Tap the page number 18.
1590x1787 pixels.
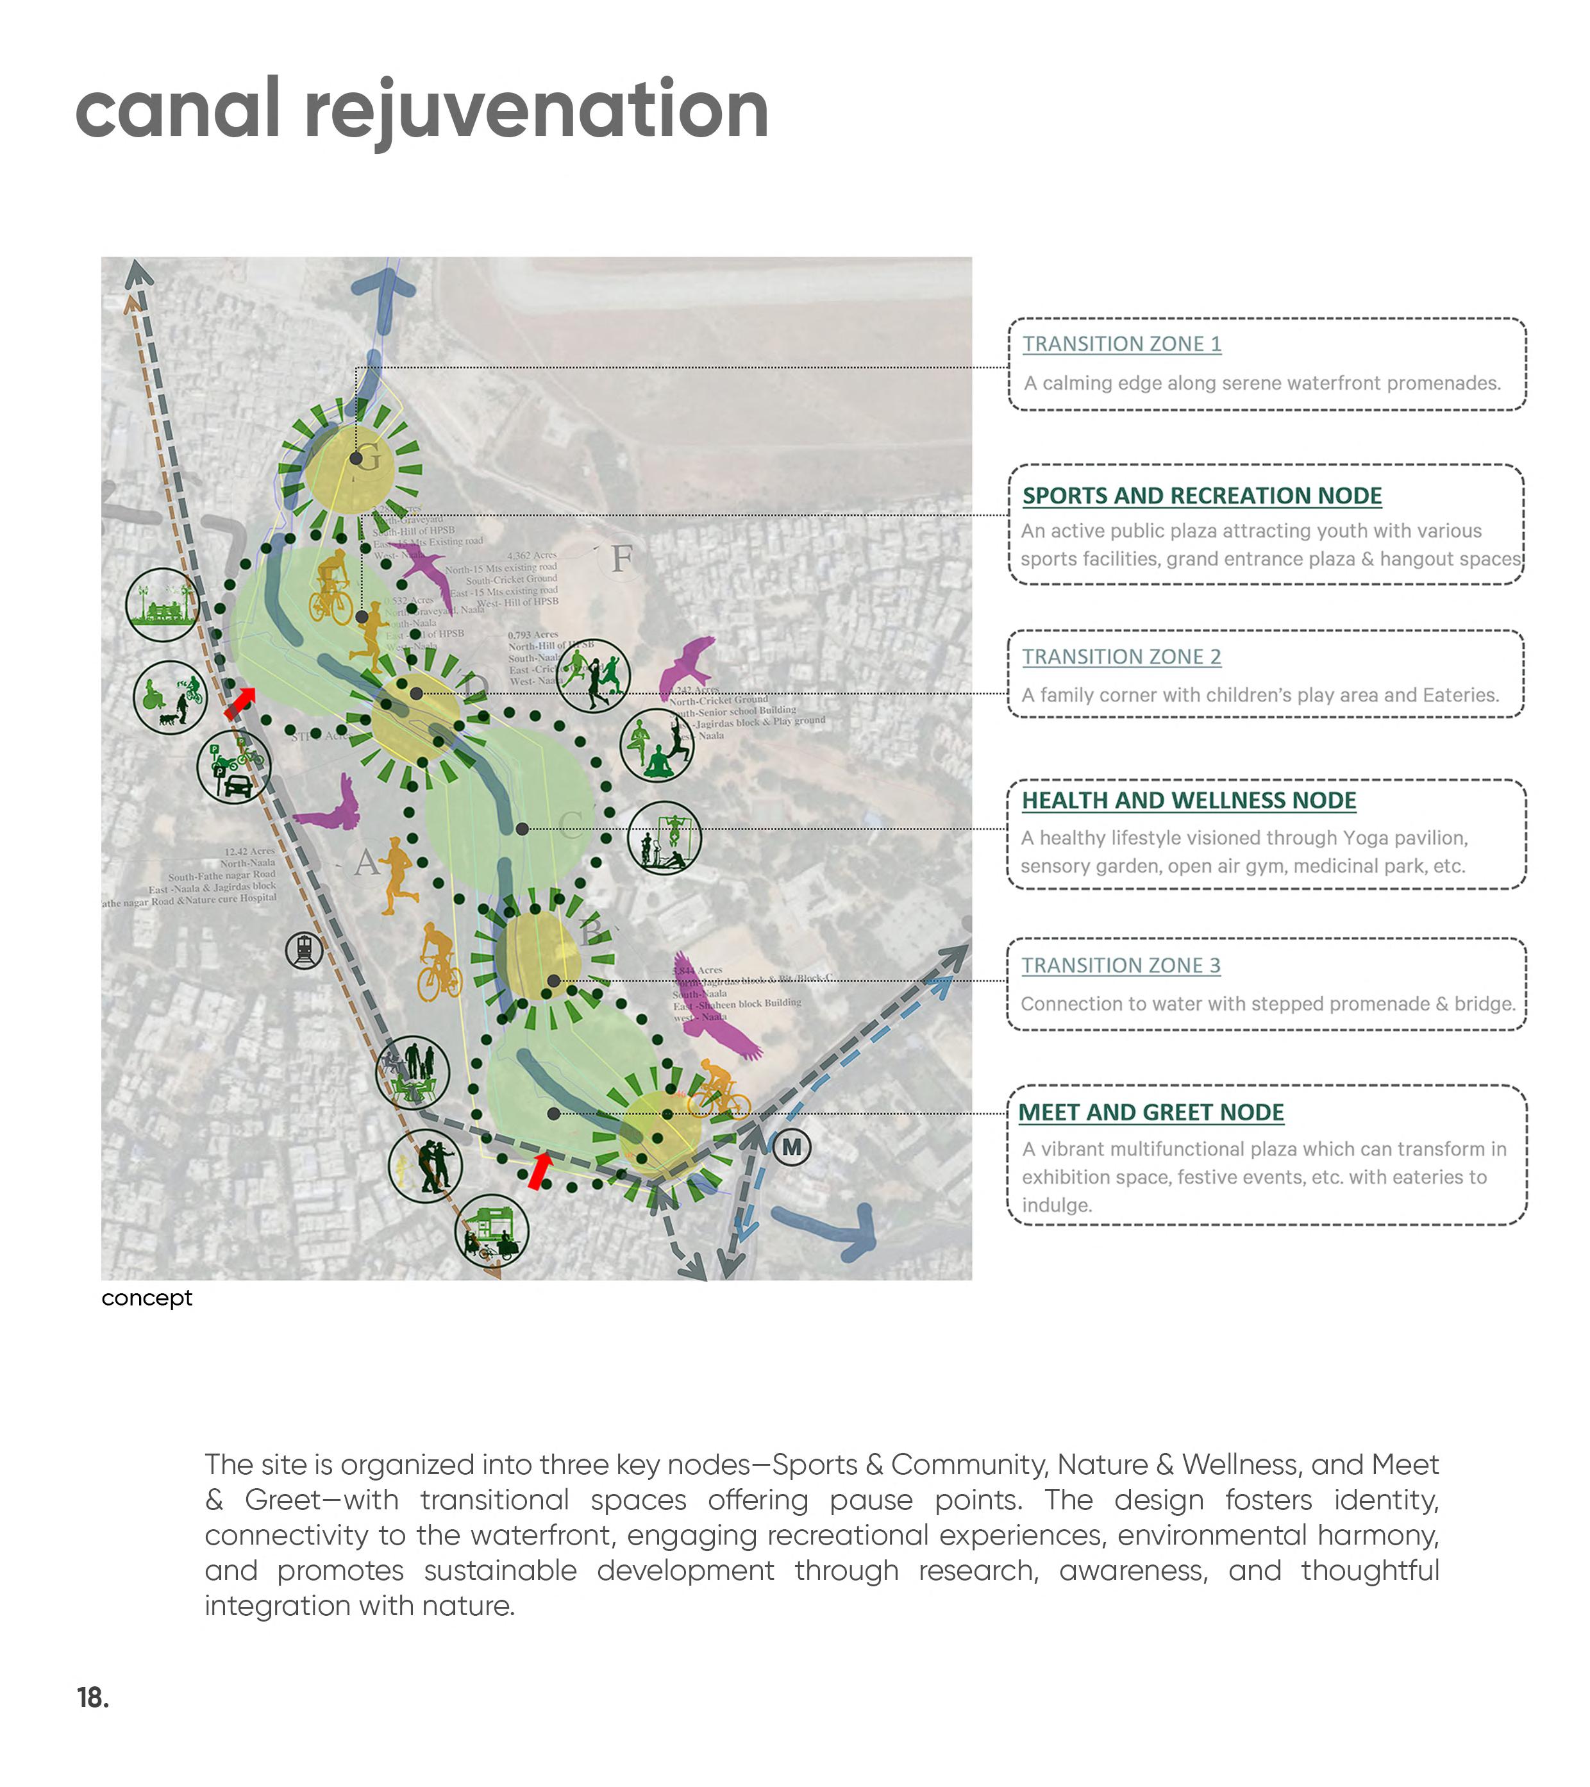93,1697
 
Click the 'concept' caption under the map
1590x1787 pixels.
146,1297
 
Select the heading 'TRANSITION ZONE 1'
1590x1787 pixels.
1121,344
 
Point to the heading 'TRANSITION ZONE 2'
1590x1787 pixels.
1121,657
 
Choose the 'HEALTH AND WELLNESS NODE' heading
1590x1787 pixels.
1188,800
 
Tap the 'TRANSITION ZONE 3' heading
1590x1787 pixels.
1121,965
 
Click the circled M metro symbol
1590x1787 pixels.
791,1147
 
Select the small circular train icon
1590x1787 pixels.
304,950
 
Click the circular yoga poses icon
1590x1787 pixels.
657,746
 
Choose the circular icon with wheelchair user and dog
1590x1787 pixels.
169,697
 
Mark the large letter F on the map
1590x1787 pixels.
621,558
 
